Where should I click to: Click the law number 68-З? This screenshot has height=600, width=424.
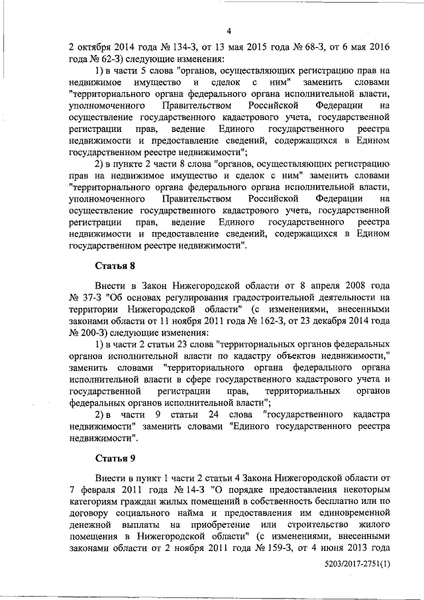[x=289, y=47]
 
